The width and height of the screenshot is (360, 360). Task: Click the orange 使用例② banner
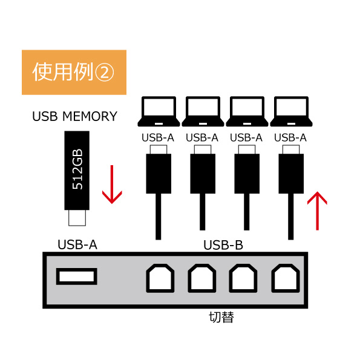coord(74,72)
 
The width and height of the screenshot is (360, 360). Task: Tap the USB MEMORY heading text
coord(75,116)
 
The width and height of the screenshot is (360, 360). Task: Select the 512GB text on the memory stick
coord(77,169)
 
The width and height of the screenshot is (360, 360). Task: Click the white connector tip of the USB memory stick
coord(77,218)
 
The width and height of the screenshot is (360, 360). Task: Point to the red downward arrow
coord(112,185)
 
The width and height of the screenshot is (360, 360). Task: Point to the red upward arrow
coord(317,211)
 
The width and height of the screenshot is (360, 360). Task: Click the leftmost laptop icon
coord(159,111)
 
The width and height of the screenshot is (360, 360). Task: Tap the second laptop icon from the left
coord(203,111)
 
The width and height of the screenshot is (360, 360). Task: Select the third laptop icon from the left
coord(247,111)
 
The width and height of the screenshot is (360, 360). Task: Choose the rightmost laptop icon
coord(291,111)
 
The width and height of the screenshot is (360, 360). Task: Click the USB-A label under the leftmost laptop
coord(158,138)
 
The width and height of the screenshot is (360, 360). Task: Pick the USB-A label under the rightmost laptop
coord(290,138)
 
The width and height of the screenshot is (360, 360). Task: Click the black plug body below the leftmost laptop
coord(159,174)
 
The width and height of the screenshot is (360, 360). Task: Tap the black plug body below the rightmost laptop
coord(291,174)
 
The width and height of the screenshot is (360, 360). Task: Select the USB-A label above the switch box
coord(77,245)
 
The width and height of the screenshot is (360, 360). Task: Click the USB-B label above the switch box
coord(223,245)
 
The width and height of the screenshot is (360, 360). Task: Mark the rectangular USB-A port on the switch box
coord(77,277)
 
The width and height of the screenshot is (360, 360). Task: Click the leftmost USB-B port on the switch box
coord(160,278)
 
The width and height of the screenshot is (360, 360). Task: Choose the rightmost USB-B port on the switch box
coord(286,278)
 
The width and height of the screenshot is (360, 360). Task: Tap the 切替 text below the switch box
coord(221,317)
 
